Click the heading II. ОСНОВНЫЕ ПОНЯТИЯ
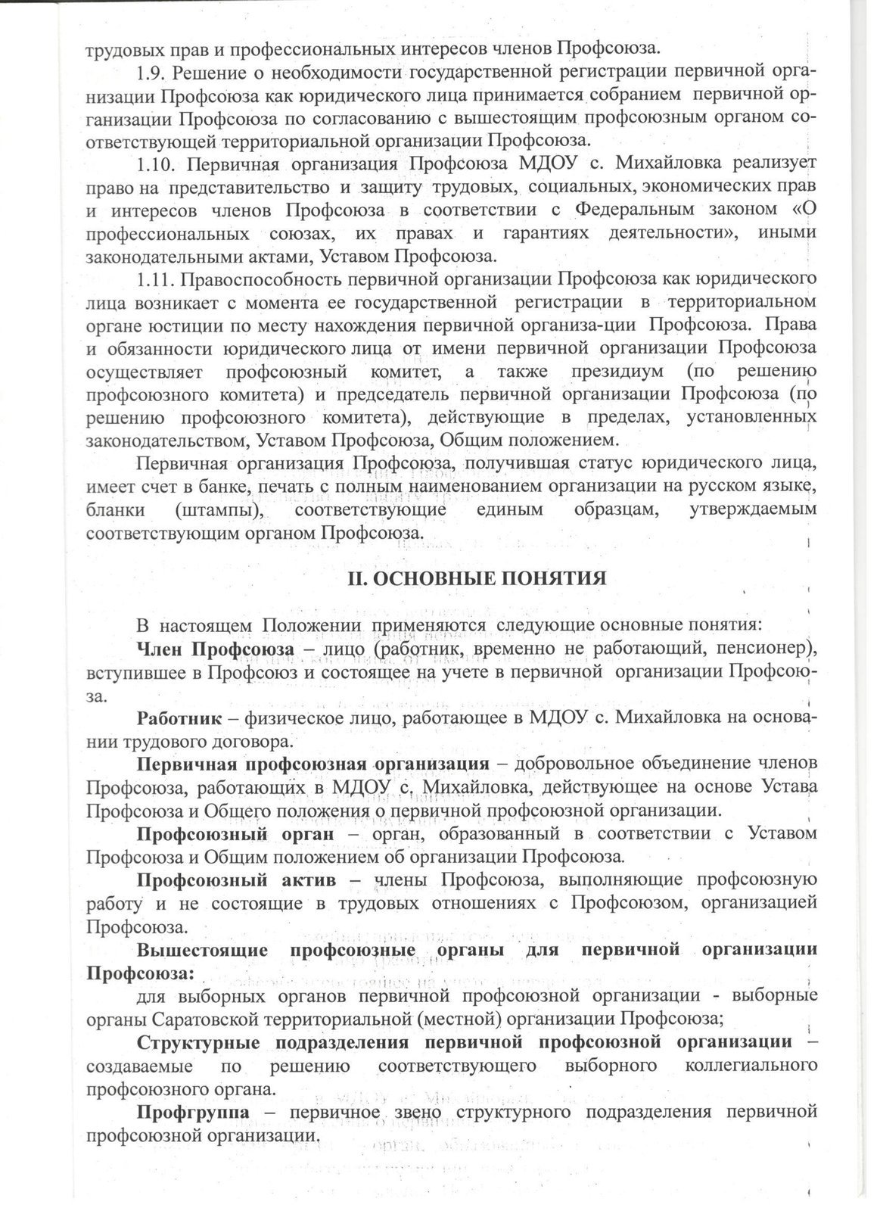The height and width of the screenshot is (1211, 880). point(477,578)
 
